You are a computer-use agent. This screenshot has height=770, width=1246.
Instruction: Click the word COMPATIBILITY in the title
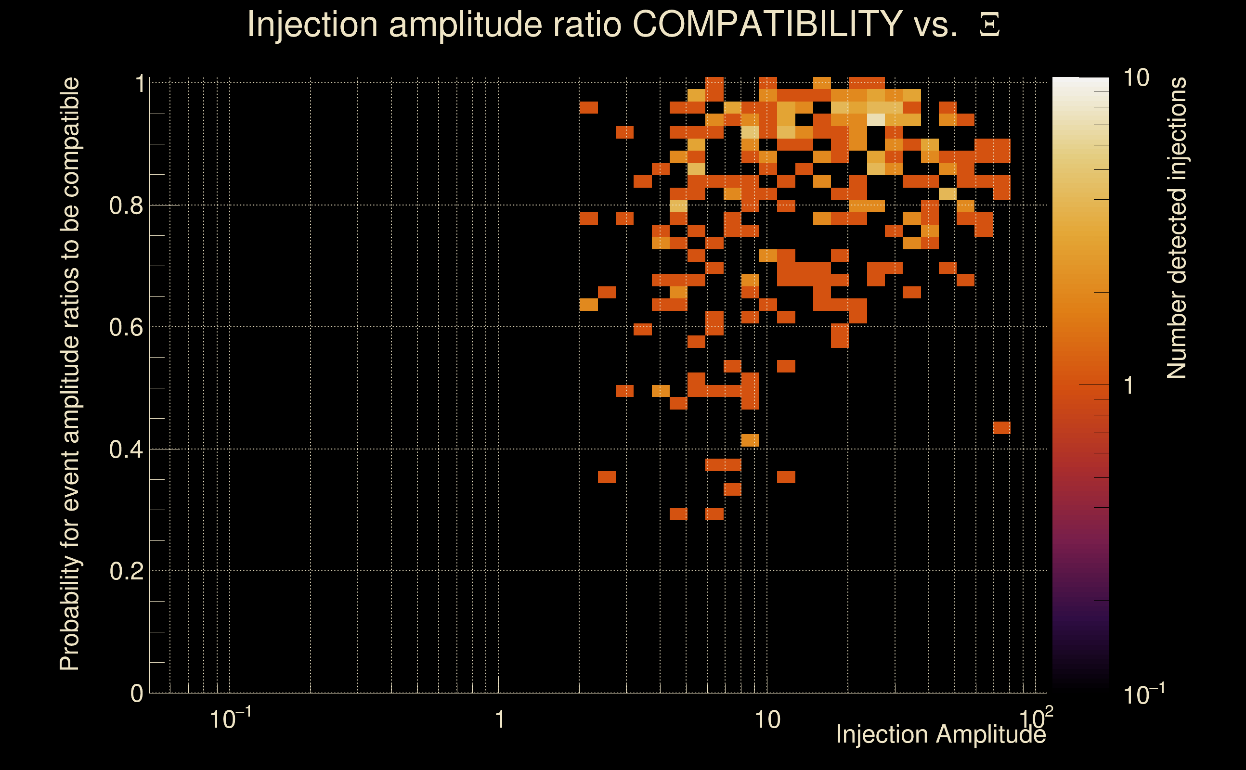(767, 24)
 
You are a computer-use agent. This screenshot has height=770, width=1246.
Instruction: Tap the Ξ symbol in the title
(989, 25)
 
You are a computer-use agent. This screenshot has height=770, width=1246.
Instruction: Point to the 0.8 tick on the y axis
(127, 206)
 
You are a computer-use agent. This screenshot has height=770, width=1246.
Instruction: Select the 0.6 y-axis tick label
(127, 327)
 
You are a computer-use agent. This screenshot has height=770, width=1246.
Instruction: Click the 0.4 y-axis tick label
(127, 449)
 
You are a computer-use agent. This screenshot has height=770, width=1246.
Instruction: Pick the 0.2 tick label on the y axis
(127, 571)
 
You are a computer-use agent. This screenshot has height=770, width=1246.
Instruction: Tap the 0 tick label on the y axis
(137, 693)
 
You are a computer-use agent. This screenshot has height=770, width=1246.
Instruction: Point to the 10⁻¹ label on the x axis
(230, 719)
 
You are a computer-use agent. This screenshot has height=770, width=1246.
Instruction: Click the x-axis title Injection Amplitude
(941, 735)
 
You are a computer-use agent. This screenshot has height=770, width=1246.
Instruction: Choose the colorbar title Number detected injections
(1177, 228)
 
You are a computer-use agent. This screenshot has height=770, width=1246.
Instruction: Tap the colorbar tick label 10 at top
(1136, 78)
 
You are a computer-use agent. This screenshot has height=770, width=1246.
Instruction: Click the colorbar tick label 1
(1129, 385)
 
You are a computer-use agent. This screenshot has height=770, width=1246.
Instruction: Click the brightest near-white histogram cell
(876, 120)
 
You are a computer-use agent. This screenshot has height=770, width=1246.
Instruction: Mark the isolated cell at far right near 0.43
(1001, 428)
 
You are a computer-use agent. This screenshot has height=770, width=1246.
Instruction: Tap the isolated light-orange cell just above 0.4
(750, 440)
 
